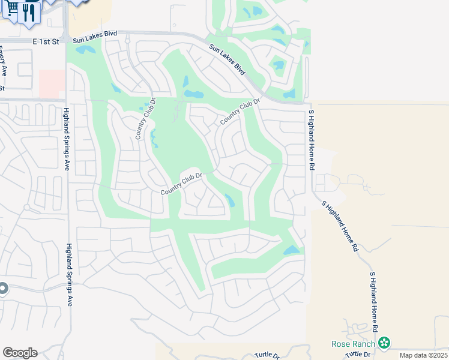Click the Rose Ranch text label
(x=354, y=344)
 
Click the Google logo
(x=20, y=353)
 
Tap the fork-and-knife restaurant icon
(x=29, y=12)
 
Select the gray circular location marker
(x=2, y=289)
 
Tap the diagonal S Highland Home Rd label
(x=339, y=225)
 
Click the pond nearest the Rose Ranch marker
(x=292, y=250)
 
